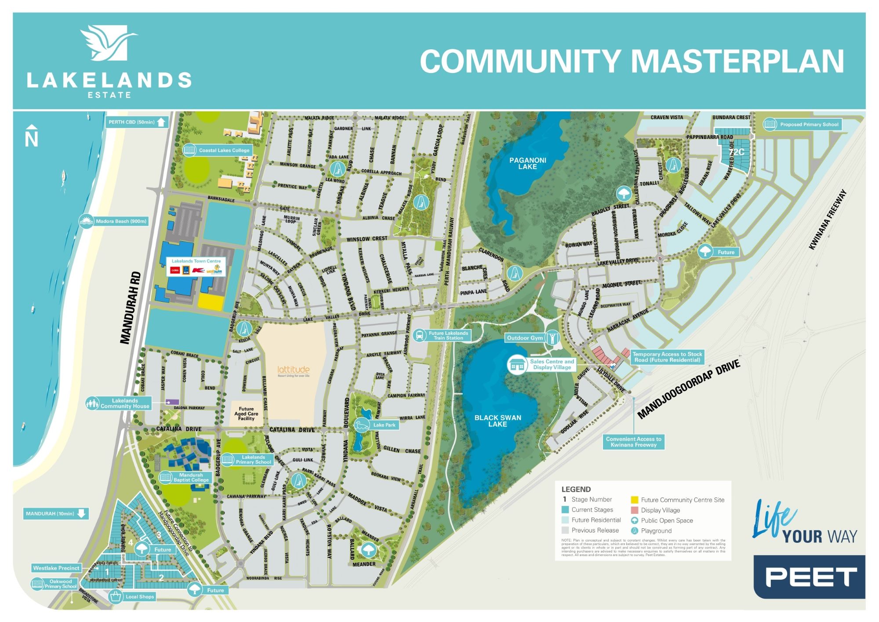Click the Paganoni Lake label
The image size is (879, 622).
point(527,163)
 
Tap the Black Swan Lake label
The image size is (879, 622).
point(498,421)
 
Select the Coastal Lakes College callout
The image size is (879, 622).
point(218,150)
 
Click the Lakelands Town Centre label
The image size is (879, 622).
point(196,261)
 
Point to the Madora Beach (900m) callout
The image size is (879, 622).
point(114,221)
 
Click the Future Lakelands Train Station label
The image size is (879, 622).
point(448,336)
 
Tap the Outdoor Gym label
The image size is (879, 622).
point(525,338)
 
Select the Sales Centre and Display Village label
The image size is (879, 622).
point(552,364)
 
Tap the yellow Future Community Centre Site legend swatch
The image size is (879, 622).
point(634,500)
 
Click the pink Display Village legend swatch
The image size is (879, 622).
point(634,510)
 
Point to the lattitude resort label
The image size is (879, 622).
point(293,371)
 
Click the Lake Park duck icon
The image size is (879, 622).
point(362,425)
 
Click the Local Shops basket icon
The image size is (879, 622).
point(116,597)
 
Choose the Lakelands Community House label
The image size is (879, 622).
point(125,403)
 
